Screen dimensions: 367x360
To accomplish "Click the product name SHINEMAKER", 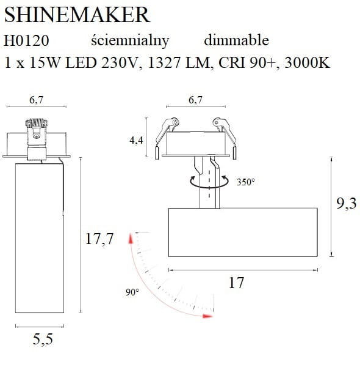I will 77,14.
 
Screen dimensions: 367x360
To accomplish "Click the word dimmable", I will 236,40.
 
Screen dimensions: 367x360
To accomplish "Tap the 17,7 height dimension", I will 99,239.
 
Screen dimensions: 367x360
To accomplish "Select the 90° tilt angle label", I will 132,293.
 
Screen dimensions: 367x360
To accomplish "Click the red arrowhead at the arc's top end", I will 129,239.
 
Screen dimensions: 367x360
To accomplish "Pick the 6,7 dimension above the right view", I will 195,101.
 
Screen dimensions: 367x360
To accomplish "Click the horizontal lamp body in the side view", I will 242,232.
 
